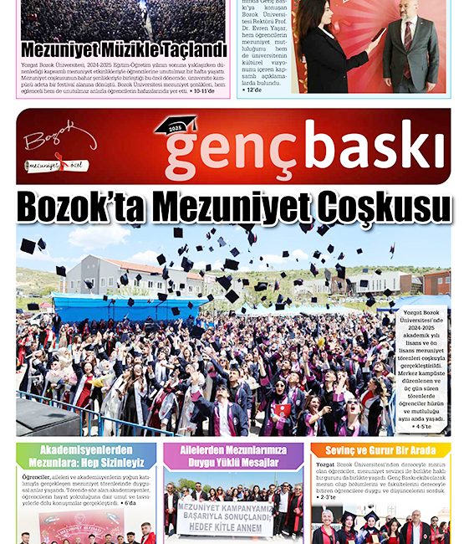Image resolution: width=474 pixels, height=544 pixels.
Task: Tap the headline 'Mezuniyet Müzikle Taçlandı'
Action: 124,49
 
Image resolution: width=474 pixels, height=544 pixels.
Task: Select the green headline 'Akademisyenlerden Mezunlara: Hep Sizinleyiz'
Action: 85,456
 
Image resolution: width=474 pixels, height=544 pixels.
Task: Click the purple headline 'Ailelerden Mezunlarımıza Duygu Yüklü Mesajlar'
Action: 237,456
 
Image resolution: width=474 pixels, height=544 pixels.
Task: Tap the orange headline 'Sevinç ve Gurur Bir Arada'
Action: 381,450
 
